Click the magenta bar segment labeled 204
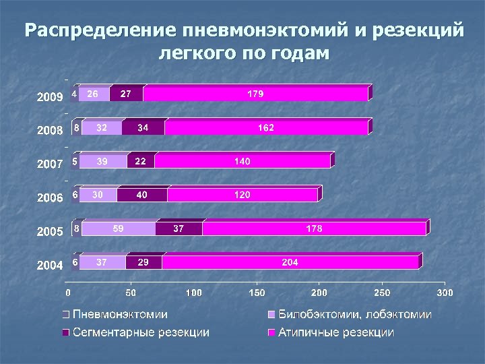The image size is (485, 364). coord(290,262)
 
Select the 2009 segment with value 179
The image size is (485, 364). coord(255,94)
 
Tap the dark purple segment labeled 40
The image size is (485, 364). coord(142,195)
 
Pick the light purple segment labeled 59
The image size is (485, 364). coord(119,229)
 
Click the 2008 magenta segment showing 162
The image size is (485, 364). coord(266,127)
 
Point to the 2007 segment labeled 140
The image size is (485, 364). coord(243,161)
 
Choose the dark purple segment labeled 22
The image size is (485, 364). coord(141,161)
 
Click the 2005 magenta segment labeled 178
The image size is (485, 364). coord(314,229)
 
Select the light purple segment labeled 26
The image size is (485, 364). coord(94,94)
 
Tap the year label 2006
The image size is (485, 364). coord(49,198)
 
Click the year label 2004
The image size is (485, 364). coord(49,265)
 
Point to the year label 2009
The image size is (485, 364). coord(49,97)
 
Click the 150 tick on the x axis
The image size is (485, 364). coord(257,293)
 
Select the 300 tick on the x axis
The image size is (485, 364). coord(445,293)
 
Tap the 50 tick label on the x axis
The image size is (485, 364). coord(131,293)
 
